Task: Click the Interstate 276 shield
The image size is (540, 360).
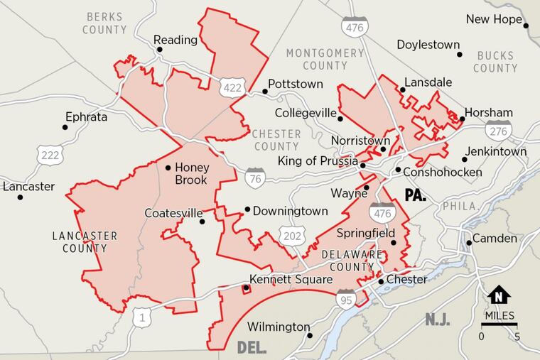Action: click(496, 129)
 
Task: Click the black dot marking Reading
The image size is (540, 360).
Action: click(159, 50)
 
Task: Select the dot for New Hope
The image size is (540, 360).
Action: click(526, 26)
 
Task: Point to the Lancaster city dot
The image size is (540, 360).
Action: click(19, 197)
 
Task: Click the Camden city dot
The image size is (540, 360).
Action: click(469, 243)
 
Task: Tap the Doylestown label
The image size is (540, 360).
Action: click(428, 45)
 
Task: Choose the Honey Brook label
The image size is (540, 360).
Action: click(190, 173)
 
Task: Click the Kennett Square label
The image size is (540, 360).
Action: click(291, 280)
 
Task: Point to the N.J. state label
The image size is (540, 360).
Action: click(438, 320)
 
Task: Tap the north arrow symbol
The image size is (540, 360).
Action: click(499, 295)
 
